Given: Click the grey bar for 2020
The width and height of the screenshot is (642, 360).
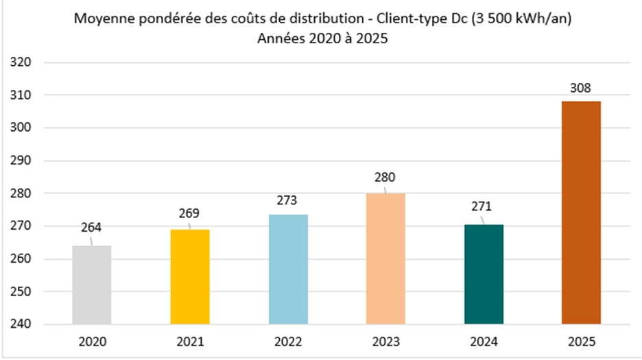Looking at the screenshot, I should (91, 285).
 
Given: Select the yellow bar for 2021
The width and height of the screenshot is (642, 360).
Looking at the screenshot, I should (189, 276).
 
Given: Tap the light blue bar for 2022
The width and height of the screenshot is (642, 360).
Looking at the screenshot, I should (288, 269).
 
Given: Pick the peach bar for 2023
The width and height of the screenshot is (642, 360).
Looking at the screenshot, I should (385, 259).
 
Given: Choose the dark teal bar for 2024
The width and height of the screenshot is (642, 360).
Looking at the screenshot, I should (484, 274).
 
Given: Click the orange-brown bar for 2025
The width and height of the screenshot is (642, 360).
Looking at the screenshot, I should (582, 213).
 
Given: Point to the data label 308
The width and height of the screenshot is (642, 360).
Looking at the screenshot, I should (582, 88).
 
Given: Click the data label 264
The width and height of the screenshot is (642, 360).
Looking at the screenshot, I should (91, 227).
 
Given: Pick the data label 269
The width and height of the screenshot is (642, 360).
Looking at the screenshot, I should (189, 213).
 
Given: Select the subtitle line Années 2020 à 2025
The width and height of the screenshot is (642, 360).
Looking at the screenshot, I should (322, 39).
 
